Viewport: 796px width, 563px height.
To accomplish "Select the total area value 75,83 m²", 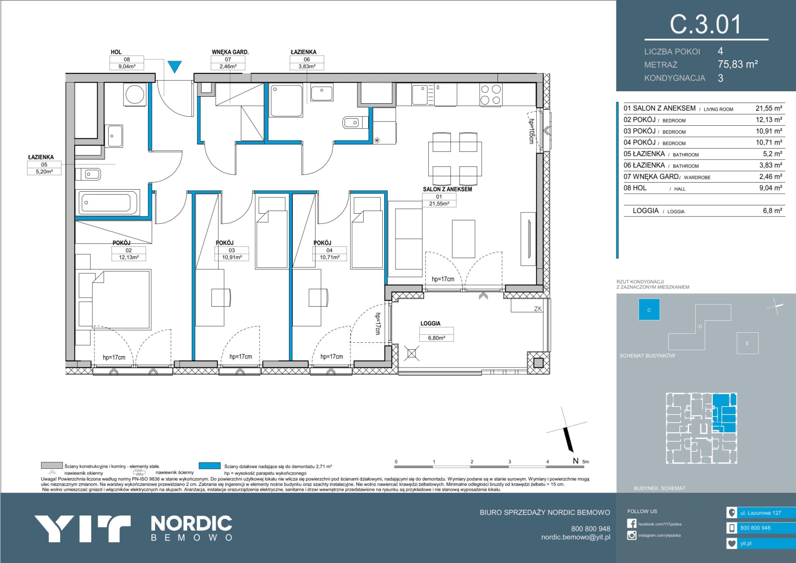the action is point(738,64).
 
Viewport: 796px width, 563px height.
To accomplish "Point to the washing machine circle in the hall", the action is point(135,95).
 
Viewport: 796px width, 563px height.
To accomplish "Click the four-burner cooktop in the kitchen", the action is point(491,94).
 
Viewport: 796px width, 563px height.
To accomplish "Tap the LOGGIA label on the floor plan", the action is point(430,323).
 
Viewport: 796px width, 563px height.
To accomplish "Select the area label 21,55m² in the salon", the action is point(439,204).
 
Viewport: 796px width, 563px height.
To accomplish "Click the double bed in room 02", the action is point(121,300).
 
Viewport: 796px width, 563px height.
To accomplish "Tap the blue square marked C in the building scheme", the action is point(649,310).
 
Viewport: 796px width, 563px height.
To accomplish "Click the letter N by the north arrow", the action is point(575,461).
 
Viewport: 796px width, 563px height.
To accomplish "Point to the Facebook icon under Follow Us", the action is point(631,524).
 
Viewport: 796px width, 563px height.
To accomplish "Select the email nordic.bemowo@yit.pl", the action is point(575,537).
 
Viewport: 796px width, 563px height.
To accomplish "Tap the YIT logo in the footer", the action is point(82,529).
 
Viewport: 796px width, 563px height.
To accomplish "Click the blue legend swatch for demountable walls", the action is point(209,466).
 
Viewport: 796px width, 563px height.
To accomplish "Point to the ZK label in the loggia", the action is point(538,309).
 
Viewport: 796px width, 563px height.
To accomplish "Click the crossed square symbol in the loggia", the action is point(412,353).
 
